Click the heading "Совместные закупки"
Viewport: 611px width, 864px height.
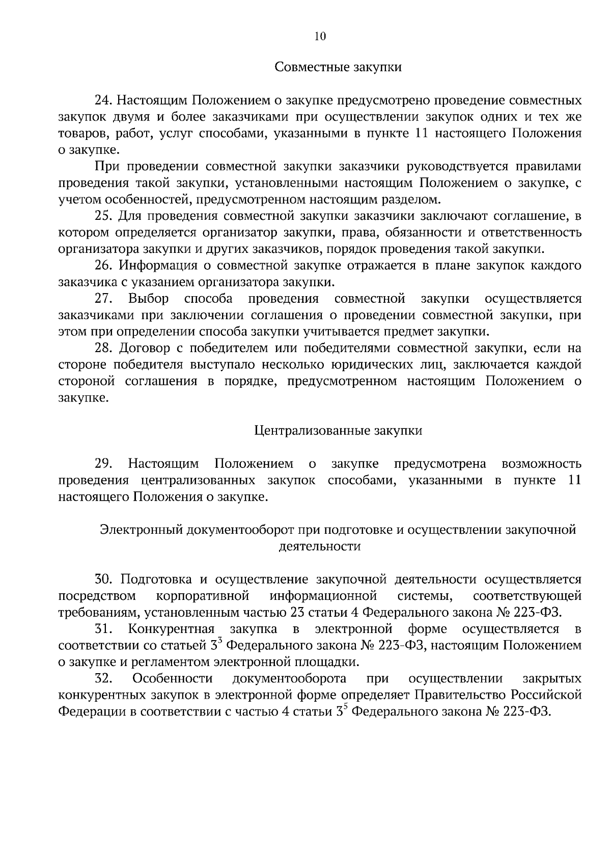(x=338, y=67)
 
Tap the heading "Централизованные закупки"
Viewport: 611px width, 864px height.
(x=338, y=431)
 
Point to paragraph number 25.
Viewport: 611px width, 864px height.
(x=102, y=216)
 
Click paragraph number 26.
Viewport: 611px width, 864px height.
(x=102, y=266)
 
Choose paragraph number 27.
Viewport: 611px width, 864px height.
(x=102, y=299)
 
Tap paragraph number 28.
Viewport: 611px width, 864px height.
(x=102, y=349)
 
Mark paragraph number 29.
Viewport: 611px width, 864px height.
(x=102, y=464)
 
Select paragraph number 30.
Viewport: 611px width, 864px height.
(x=102, y=580)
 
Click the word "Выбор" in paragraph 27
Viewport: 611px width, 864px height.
(x=149, y=299)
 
